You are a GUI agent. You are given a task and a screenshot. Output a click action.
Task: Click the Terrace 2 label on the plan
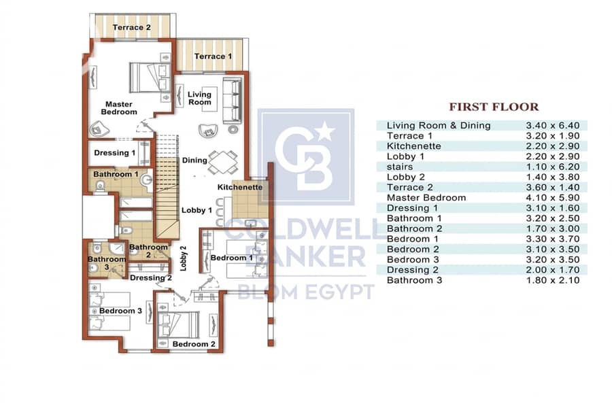[131, 27]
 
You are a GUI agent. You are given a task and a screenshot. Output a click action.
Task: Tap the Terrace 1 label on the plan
[213, 56]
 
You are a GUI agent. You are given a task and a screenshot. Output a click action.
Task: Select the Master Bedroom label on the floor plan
[119, 108]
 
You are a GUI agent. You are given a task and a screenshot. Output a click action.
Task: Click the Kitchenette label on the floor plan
[240, 187]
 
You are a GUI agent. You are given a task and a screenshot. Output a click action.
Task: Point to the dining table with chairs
[223, 163]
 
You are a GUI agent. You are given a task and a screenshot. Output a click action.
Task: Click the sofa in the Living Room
[232, 101]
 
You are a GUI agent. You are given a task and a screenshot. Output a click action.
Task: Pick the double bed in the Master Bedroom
[150, 78]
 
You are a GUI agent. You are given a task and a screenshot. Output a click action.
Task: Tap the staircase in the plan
[167, 186]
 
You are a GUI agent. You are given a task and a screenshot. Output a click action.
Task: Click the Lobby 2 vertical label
[184, 258]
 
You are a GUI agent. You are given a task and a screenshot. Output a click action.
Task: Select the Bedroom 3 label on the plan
[120, 311]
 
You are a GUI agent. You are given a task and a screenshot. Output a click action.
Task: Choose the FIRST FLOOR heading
[494, 107]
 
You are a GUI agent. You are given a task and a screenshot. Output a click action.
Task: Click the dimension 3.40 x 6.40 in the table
[553, 125]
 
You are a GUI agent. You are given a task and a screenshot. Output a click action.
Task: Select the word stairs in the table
[400, 167]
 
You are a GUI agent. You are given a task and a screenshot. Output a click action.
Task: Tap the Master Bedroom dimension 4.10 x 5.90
[553, 198]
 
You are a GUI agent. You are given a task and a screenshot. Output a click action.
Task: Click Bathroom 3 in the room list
[415, 280]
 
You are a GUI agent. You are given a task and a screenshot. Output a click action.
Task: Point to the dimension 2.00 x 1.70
[553, 270]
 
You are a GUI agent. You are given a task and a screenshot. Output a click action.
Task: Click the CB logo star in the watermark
[326, 131]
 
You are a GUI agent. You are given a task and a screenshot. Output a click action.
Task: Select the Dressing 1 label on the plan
[115, 152]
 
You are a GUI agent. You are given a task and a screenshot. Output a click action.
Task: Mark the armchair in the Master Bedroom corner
[99, 129]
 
